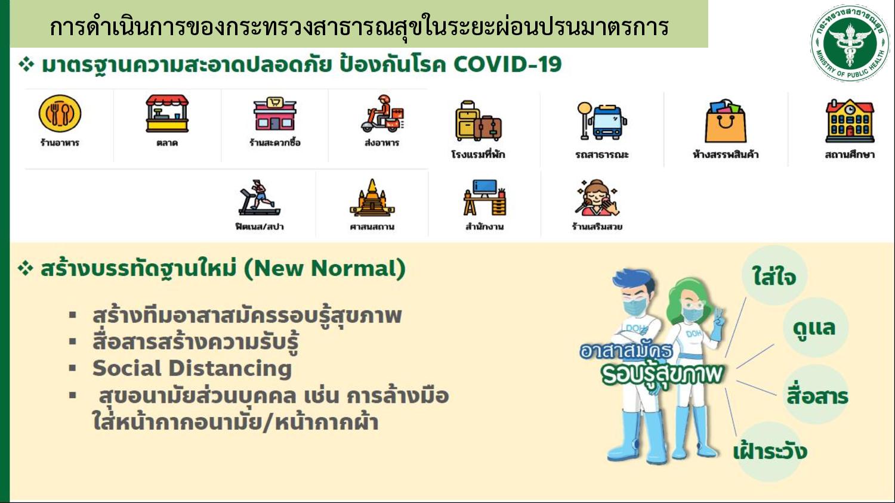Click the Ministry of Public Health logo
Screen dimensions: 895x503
(x=850, y=43)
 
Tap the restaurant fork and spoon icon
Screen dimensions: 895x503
(x=60, y=113)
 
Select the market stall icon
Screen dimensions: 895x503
(x=167, y=113)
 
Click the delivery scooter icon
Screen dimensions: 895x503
(x=382, y=113)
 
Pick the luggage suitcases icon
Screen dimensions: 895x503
(x=479, y=120)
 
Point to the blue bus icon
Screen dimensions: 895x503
(x=602, y=121)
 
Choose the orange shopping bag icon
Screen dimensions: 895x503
(x=726, y=121)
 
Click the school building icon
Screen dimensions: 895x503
(x=850, y=121)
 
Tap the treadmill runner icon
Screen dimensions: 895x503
(x=260, y=198)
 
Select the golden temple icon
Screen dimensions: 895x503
(x=372, y=198)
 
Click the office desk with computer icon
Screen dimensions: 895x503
(x=484, y=198)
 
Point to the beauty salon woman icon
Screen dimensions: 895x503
(x=597, y=198)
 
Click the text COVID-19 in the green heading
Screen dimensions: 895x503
(x=507, y=64)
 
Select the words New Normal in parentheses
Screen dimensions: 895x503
(x=324, y=268)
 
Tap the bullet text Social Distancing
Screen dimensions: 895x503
(x=192, y=368)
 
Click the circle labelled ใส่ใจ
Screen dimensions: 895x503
(x=774, y=275)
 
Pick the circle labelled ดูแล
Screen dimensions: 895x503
(x=815, y=327)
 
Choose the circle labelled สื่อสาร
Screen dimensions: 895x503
(x=816, y=395)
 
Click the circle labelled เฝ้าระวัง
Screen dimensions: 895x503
(x=770, y=452)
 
